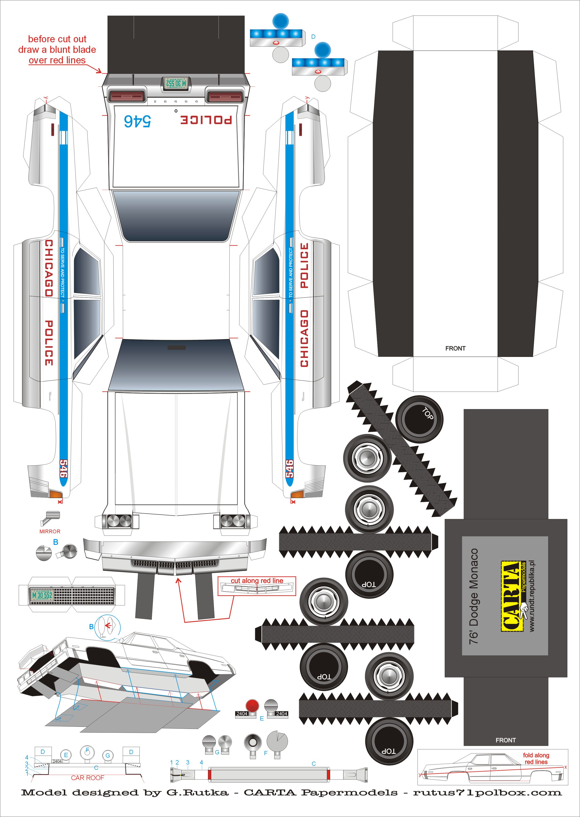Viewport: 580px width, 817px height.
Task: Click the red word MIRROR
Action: pos(50,531)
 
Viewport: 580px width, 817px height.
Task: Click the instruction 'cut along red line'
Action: pos(257,581)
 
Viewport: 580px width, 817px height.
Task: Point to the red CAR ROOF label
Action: pos(88,778)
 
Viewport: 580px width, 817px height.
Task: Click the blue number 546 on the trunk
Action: pos(138,120)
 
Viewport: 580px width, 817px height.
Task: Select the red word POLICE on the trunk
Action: pos(206,119)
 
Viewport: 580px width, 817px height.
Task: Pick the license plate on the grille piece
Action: pos(42,595)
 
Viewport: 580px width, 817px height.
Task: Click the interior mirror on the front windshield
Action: pos(177,347)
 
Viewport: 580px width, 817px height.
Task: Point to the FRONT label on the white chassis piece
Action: pos(455,348)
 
